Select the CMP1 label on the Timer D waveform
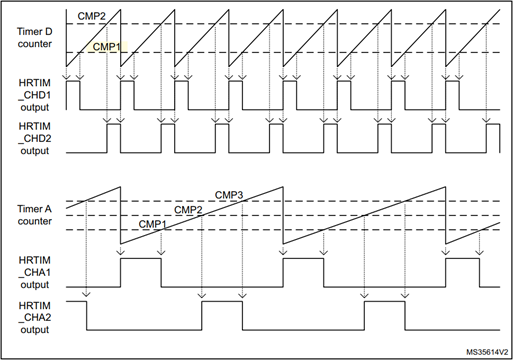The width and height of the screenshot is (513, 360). [107, 46]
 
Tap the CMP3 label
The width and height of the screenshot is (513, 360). [230, 193]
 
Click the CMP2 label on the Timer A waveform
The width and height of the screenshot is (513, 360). [188, 210]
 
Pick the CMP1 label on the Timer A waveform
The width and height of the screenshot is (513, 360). [152, 225]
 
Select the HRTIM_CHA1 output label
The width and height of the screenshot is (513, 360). [36, 271]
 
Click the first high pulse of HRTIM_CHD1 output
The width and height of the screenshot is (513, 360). [71, 93]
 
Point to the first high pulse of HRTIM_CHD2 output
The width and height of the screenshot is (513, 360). [113, 134]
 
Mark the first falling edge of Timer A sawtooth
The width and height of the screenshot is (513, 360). [120, 213]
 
